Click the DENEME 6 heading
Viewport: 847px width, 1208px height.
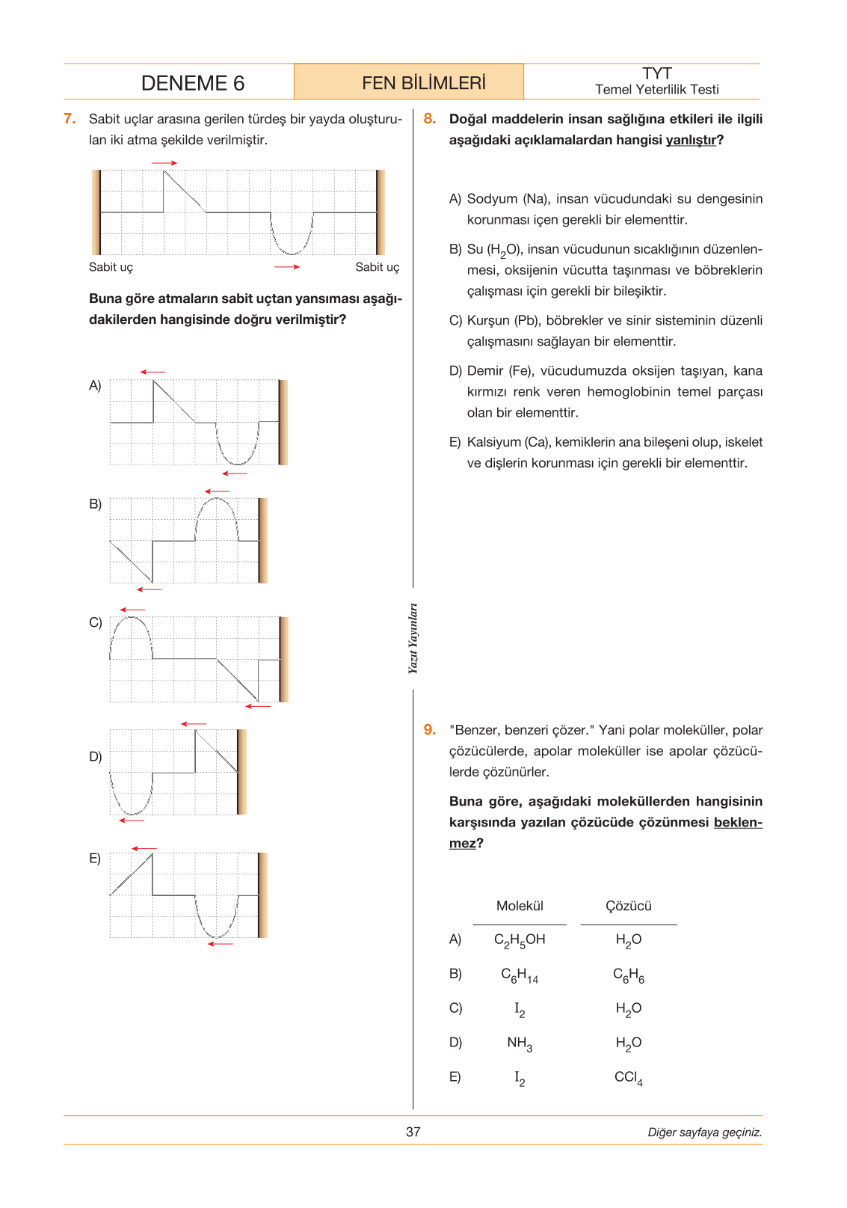(x=192, y=83)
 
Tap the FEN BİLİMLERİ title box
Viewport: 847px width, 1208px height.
(x=409, y=82)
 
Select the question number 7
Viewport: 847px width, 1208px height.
(x=70, y=119)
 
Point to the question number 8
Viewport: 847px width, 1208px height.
(x=430, y=119)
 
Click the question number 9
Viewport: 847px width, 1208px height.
(x=430, y=729)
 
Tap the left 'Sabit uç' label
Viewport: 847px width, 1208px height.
(x=111, y=267)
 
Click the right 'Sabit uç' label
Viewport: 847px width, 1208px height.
(x=378, y=267)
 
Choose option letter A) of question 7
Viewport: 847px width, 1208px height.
(x=95, y=385)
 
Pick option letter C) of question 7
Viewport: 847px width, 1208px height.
(x=96, y=622)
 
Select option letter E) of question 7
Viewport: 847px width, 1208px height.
(x=95, y=858)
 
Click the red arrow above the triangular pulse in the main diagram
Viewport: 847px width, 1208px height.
(x=164, y=163)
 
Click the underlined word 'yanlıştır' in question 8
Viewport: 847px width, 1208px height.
(x=691, y=140)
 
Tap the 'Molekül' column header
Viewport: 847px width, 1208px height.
(x=520, y=906)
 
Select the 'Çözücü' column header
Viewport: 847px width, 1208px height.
(x=628, y=906)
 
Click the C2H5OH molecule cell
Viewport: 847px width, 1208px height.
(x=520, y=940)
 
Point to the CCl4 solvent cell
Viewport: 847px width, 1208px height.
(x=629, y=1078)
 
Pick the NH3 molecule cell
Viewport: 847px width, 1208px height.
(x=520, y=1043)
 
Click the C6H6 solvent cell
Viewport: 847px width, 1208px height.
(x=629, y=975)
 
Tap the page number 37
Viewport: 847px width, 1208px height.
(x=413, y=1132)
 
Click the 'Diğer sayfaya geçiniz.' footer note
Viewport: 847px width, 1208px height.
(x=705, y=1132)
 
